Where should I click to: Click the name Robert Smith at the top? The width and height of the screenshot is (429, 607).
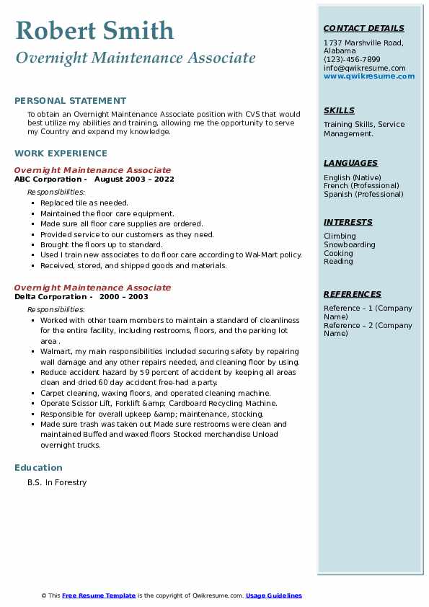tap(94, 30)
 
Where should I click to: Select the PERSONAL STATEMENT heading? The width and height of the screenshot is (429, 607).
tap(70, 101)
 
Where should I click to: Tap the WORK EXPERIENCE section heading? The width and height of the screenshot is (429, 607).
tap(61, 153)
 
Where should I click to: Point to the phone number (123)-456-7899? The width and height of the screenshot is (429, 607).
tap(352, 60)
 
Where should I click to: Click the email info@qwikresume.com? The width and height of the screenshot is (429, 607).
tap(364, 68)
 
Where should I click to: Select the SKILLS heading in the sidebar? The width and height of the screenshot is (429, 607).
tap(339, 110)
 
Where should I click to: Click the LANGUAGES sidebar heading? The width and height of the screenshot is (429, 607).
tap(350, 163)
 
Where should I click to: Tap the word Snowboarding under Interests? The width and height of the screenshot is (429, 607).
tap(350, 244)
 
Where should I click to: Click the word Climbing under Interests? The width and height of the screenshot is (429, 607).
tap(340, 236)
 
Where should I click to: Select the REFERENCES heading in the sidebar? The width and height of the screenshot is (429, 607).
tap(353, 294)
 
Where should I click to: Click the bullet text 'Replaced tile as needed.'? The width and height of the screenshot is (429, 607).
tap(84, 203)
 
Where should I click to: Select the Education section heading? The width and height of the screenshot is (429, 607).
tap(38, 467)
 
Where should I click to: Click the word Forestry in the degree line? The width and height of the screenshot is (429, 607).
tap(71, 482)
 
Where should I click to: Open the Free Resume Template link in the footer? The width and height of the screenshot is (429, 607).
tap(99, 595)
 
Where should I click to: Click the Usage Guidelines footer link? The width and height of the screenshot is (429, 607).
tap(274, 595)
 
